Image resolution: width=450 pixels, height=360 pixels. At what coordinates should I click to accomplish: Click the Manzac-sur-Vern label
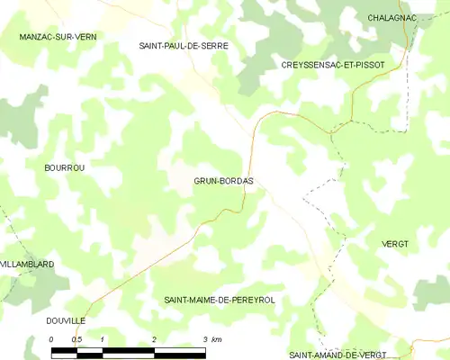click(58, 37)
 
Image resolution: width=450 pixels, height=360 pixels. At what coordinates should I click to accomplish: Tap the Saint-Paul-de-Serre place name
click(183, 45)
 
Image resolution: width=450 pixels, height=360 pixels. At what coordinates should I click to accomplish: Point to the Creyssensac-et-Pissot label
click(333, 66)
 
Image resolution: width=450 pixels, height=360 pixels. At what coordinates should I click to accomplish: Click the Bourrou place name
click(64, 168)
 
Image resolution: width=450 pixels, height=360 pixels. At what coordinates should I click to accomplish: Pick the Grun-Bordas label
click(223, 181)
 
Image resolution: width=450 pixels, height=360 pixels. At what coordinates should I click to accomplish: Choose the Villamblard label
click(28, 264)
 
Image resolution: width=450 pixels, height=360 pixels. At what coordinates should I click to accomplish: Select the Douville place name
click(65, 320)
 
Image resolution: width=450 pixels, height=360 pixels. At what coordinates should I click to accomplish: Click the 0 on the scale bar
click(52, 339)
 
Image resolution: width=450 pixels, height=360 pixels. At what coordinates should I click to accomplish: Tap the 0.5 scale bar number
click(77, 339)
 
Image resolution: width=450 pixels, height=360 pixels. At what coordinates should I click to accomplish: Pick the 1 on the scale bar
click(103, 339)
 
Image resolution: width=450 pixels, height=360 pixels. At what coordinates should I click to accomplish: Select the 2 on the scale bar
click(154, 339)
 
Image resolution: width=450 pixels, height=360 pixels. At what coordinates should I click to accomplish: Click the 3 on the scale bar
click(205, 339)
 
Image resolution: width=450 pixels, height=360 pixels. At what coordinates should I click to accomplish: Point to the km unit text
click(218, 339)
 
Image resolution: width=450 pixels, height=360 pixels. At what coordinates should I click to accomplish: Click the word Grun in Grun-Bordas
click(205, 181)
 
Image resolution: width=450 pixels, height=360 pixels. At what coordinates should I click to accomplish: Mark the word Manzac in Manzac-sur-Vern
click(37, 37)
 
